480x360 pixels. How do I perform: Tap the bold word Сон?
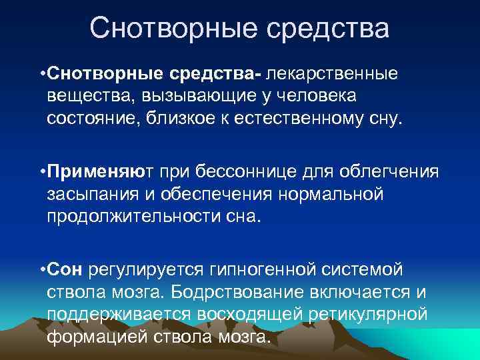click(65, 270)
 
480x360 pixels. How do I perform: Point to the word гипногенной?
click(284, 270)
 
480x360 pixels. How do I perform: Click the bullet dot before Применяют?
click(42, 172)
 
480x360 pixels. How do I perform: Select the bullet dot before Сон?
click(42, 271)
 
